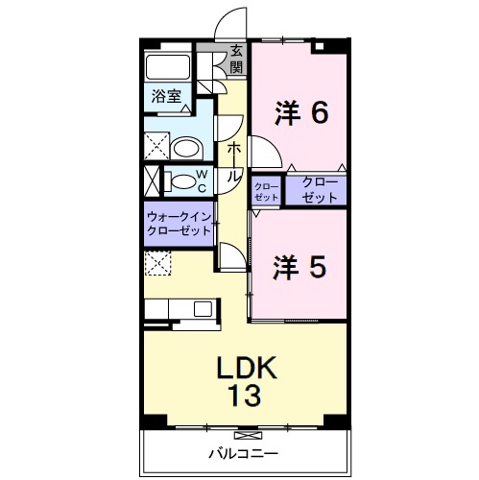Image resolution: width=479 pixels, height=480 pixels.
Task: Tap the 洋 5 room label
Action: (x=300, y=266)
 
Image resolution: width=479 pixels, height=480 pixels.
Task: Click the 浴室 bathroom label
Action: (x=166, y=96)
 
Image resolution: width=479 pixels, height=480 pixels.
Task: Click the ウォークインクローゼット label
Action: (x=180, y=224)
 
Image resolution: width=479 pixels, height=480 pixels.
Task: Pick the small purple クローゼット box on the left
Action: (x=266, y=188)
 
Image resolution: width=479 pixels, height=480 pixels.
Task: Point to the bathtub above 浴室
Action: (x=168, y=67)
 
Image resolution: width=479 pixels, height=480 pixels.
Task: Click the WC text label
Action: (x=202, y=180)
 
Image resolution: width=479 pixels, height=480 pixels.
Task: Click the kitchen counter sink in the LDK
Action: (x=203, y=308)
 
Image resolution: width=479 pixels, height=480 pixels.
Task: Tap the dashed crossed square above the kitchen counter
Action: (x=156, y=263)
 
